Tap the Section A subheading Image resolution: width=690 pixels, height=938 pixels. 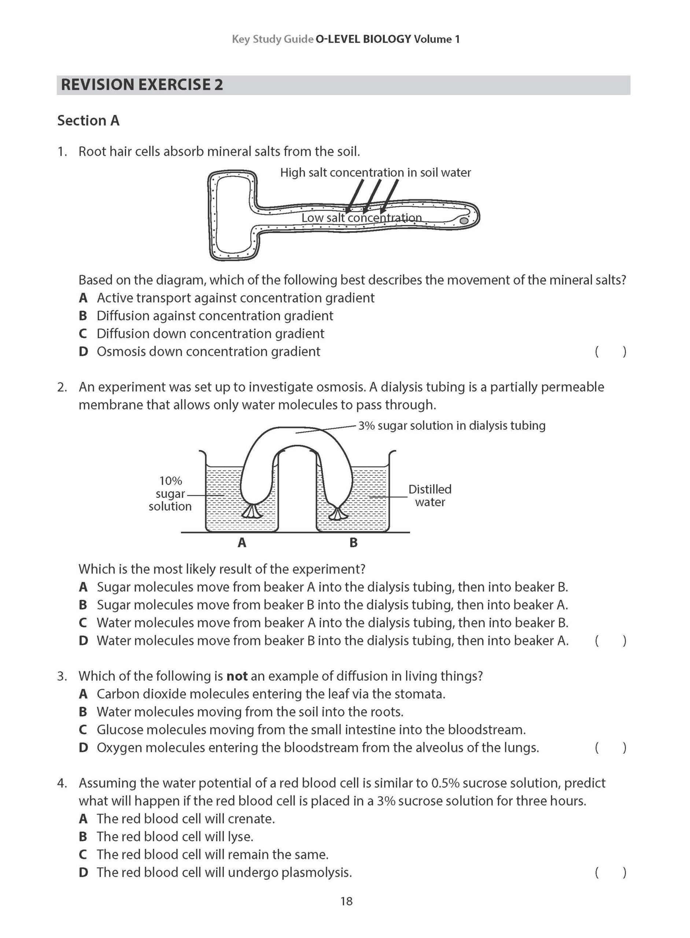[x=88, y=121]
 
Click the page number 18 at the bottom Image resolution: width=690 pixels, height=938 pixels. [x=346, y=901]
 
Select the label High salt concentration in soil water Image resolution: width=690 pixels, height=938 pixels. [x=375, y=173]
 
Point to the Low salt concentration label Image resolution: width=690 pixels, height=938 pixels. [x=361, y=218]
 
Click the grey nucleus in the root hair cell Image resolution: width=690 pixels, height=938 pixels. [x=464, y=220]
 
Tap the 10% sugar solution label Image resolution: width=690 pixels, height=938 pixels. [x=170, y=494]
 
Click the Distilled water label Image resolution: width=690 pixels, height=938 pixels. [x=430, y=496]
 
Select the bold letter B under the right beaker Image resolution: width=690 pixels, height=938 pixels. [x=353, y=543]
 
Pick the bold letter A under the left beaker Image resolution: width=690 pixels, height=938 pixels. [x=242, y=543]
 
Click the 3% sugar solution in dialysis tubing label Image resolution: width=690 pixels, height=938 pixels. [x=451, y=425]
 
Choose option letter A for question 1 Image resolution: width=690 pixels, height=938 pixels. [x=83, y=298]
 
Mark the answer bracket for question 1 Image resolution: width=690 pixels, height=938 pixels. [x=610, y=352]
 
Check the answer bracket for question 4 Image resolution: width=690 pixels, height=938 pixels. [x=610, y=872]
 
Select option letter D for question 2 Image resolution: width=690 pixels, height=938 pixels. [x=83, y=640]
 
